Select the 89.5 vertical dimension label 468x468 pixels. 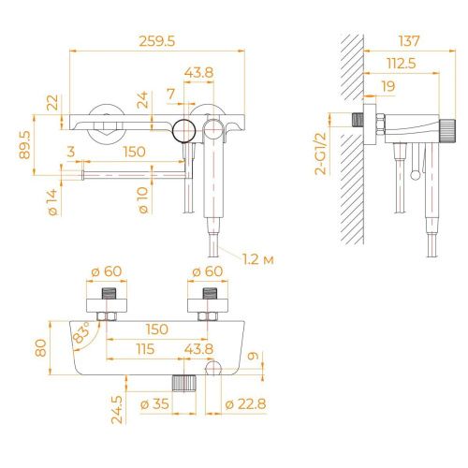click(x=25, y=145)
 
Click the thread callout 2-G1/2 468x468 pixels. click(x=321, y=154)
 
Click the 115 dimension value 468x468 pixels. click(x=143, y=349)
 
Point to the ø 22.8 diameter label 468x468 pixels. click(x=245, y=403)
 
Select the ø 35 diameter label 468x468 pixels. click(x=155, y=403)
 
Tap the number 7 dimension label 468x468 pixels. click(x=170, y=94)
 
